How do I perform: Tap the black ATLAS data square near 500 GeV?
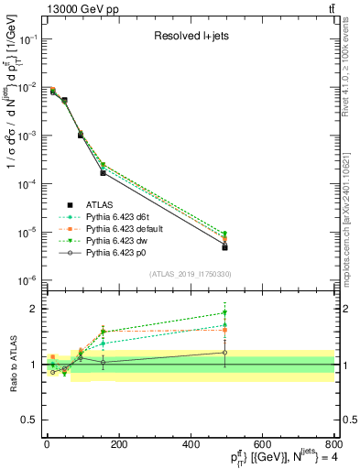(x=224, y=247)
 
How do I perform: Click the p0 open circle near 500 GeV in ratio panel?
(x=224, y=353)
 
